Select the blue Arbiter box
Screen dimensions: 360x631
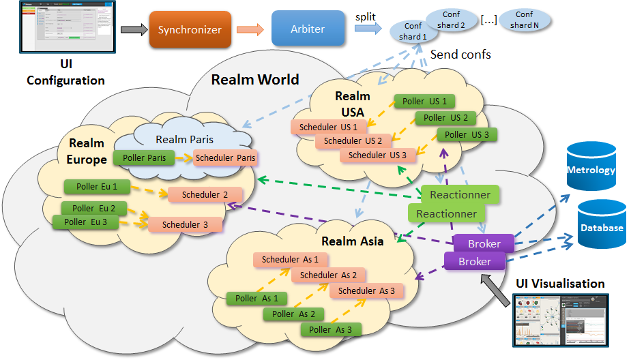pos(308,29)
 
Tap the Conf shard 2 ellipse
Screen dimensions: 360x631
pos(451,20)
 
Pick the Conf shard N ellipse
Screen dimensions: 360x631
pos(524,20)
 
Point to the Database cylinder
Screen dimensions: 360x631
pos(602,224)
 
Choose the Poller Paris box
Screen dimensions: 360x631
pos(144,157)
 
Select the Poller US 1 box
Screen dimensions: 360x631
pos(424,102)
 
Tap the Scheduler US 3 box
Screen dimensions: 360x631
pos(377,155)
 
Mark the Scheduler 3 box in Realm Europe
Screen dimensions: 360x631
pos(186,224)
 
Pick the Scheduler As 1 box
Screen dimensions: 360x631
pos(290,259)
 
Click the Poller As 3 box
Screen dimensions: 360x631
pos(331,330)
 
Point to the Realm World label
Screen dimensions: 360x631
pos(255,80)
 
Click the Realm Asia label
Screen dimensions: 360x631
pos(353,241)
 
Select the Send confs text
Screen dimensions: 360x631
pos(460,54)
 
